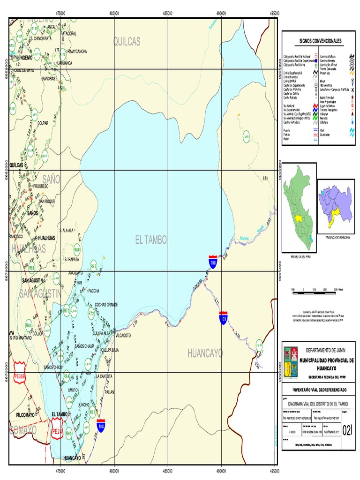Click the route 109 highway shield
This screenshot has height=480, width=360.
click(x=224, y=319)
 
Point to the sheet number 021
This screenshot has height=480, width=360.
click(x=348, y=430)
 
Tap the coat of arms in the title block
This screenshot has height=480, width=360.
click(x=292, y=362)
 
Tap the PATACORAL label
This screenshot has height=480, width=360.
click(x=68, y=34)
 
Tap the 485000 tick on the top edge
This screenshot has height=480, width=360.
click(x=168, y=13)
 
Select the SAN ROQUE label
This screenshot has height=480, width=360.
click(x=47, y=201)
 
